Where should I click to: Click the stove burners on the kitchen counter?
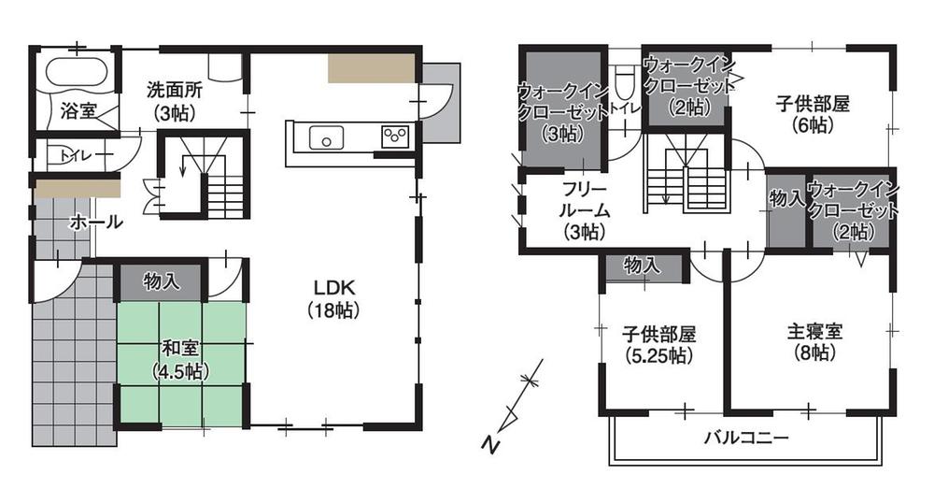click(394, 137)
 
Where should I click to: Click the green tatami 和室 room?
click(181, 360)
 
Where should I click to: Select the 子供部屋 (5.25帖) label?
click(659, 344)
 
